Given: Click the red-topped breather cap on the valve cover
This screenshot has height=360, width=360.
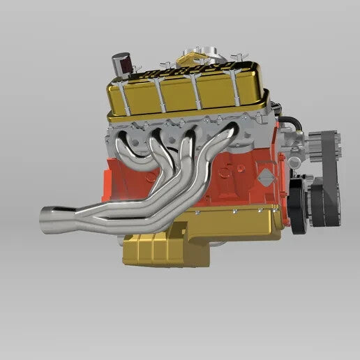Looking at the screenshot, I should (x=119, y=61).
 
